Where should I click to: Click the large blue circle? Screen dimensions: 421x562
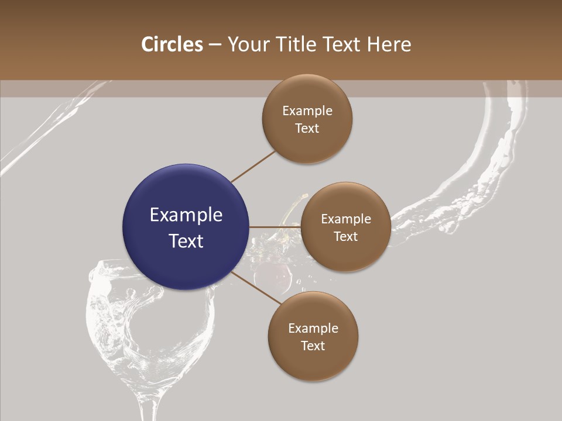point(186,227)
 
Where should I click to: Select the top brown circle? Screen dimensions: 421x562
point(307,119)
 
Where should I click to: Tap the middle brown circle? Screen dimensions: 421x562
point(345,227)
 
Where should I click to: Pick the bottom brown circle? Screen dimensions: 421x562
point(313,336)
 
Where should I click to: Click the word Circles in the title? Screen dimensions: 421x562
point(172,44)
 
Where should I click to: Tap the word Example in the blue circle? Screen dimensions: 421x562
point(186,215)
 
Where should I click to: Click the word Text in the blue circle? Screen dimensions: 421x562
point(186,241)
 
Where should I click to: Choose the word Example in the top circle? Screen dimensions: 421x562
point(307,111)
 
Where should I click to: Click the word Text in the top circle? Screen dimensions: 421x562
point(307,129)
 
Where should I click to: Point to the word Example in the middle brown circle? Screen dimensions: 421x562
point(346,219)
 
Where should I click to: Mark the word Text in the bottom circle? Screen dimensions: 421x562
point(313,346)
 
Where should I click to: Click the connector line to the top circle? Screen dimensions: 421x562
point(253,166)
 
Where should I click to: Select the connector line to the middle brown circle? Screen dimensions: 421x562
point(275,227)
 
